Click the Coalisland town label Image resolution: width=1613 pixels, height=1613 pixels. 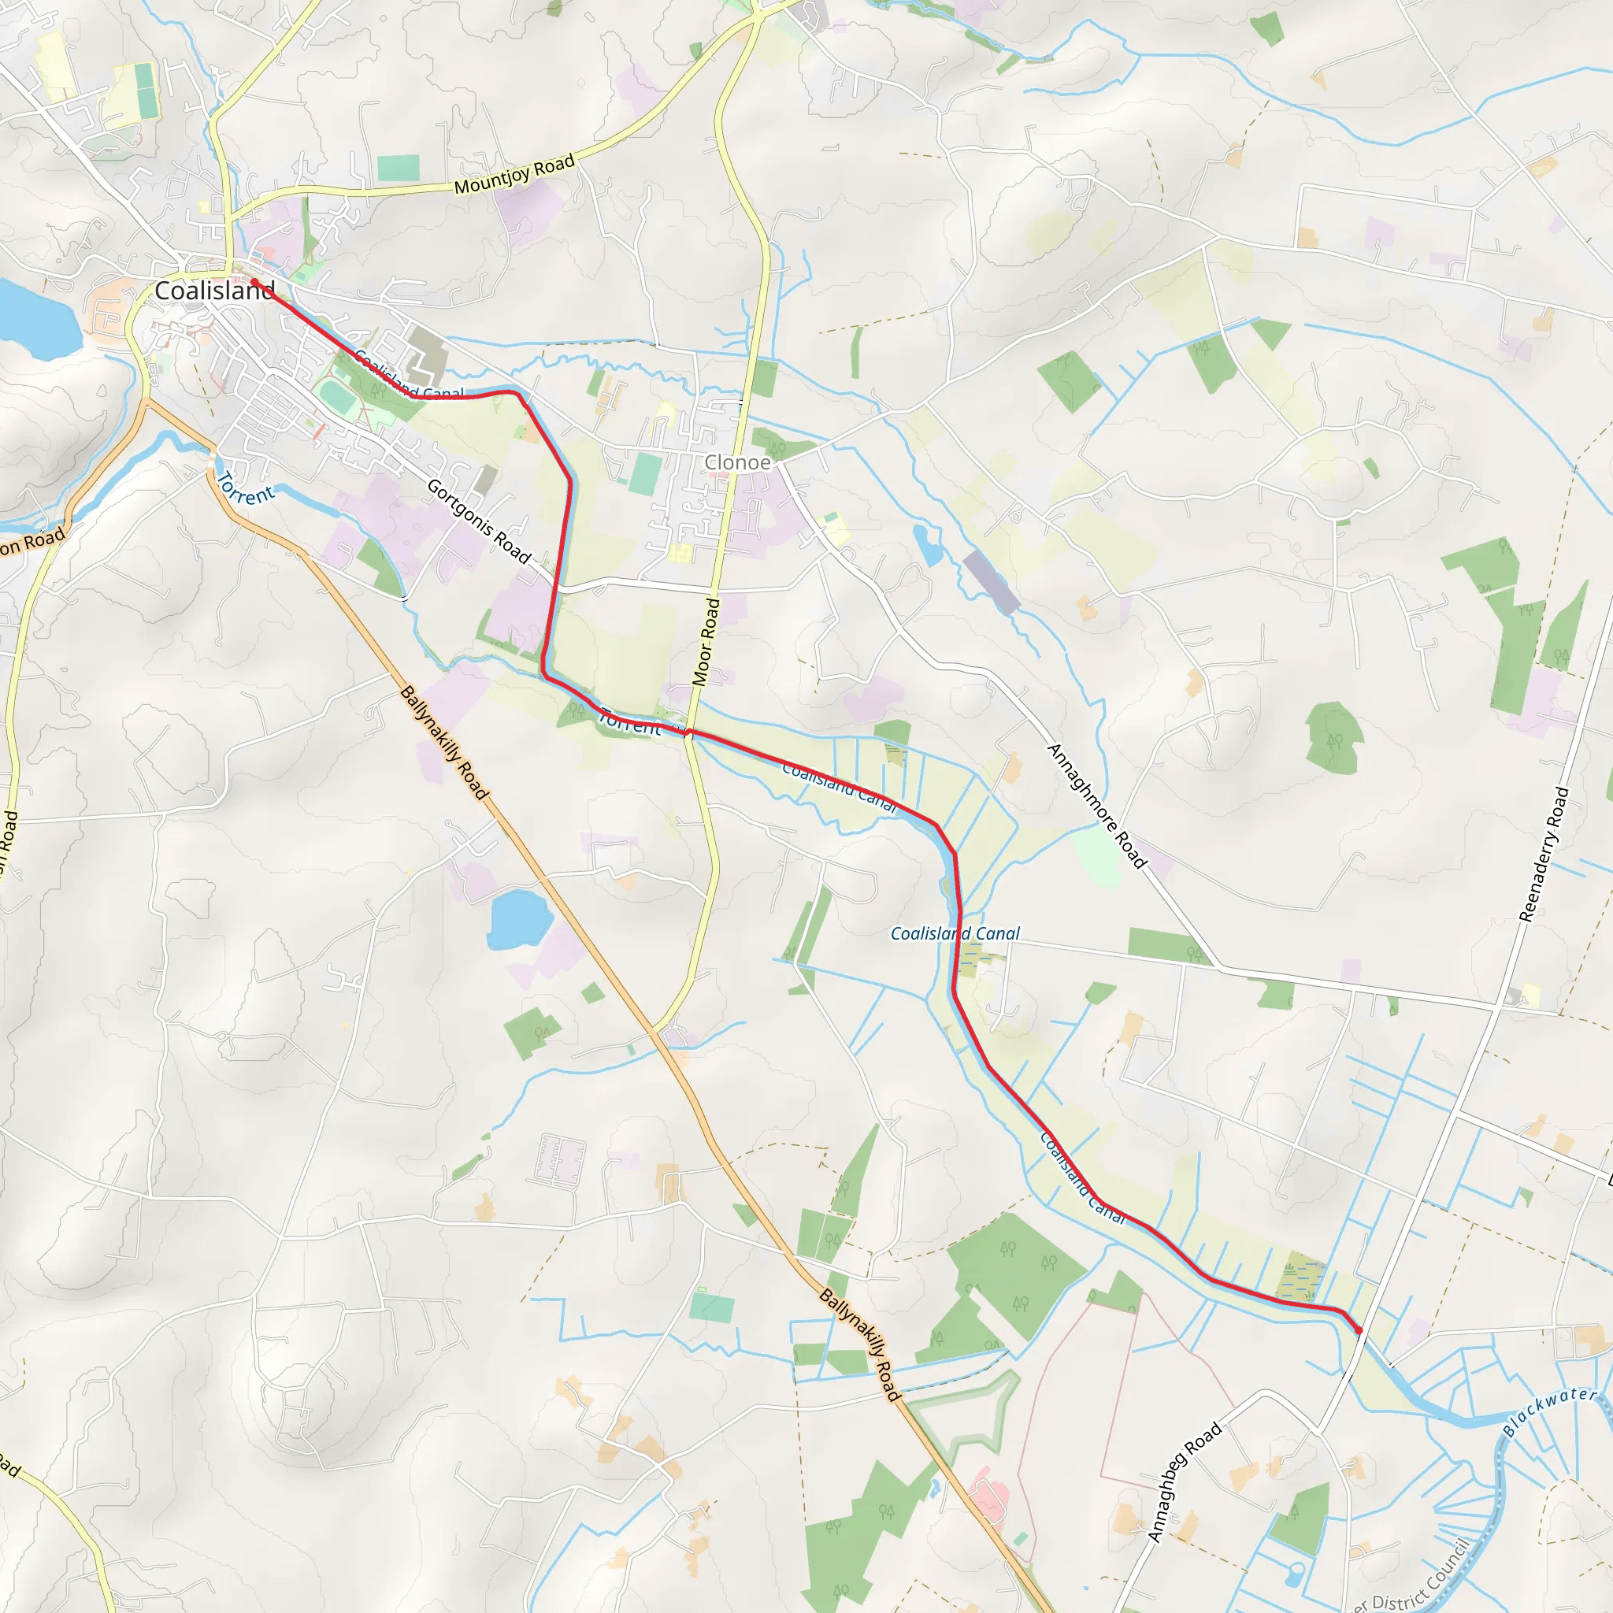coord(214,291)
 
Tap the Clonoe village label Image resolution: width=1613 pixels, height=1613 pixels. coord(737,462)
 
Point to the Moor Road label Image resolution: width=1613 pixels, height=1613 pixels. coord(706,642)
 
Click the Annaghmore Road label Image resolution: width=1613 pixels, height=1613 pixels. coord(1096,806)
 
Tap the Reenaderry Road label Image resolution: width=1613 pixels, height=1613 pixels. coord(1544,854)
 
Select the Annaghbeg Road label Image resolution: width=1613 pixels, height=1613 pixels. coord(1184,1481)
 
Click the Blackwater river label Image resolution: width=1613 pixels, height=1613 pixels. coord(1549,1410)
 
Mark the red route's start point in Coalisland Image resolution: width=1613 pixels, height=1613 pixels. coord(254,282)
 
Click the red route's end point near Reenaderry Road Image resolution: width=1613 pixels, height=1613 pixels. coord(1359,1330)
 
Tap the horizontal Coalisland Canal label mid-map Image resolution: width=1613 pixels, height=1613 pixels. coord(955,933)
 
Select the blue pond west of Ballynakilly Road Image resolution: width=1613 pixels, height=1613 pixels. coord(518,919)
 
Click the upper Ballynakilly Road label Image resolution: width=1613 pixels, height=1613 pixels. coord(443,742)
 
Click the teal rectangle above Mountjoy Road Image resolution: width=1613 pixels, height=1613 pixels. coord(399,168)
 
